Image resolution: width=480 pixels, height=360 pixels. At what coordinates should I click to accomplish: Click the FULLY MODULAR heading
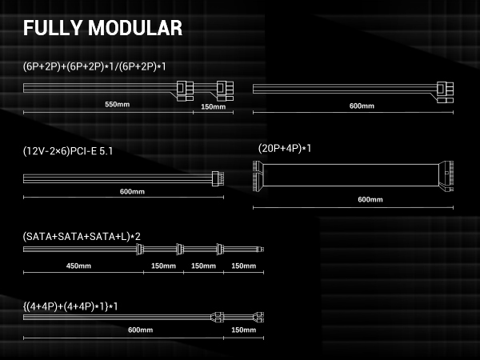click(103, 28)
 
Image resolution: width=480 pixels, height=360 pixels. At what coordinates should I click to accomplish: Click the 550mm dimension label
click(118, 104)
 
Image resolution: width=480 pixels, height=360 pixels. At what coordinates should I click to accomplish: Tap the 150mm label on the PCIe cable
click(214, 107)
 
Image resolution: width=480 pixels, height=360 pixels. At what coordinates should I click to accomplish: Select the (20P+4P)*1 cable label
click(285, 149)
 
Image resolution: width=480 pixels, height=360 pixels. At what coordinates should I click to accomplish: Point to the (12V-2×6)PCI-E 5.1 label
click(68, 151)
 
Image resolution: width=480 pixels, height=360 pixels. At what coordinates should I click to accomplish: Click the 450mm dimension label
click(78, 266)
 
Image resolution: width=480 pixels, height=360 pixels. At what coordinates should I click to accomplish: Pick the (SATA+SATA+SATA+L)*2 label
click(82, 237)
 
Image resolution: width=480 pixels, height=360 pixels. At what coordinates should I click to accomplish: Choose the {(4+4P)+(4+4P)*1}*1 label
click(70, 306)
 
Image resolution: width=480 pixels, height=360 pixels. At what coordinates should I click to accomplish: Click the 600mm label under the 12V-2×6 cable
click(132, 192)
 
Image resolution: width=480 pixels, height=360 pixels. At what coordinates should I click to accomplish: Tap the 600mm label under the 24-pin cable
click(370, 199)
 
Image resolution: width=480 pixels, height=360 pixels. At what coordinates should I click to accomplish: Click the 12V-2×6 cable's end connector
click(218, 178)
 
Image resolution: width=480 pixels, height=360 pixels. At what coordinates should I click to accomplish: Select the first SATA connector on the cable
click(139, 249)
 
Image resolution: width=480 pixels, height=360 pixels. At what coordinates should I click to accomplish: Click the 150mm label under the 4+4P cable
click(244, 330)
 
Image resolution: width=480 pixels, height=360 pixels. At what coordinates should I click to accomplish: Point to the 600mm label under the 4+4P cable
click(141, 330)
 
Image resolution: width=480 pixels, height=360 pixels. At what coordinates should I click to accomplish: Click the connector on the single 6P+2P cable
click(445, 92)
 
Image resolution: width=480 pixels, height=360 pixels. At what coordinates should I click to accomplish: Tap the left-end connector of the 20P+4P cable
click(258, 176)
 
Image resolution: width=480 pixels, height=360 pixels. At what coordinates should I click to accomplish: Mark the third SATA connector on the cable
click(220, 249)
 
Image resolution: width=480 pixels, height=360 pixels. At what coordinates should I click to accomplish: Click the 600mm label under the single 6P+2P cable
click(362, 106)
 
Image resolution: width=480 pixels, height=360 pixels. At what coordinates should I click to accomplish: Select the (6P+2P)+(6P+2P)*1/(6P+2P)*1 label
click(94, 66)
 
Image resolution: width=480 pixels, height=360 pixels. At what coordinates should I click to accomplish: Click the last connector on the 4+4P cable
click(258, 318)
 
